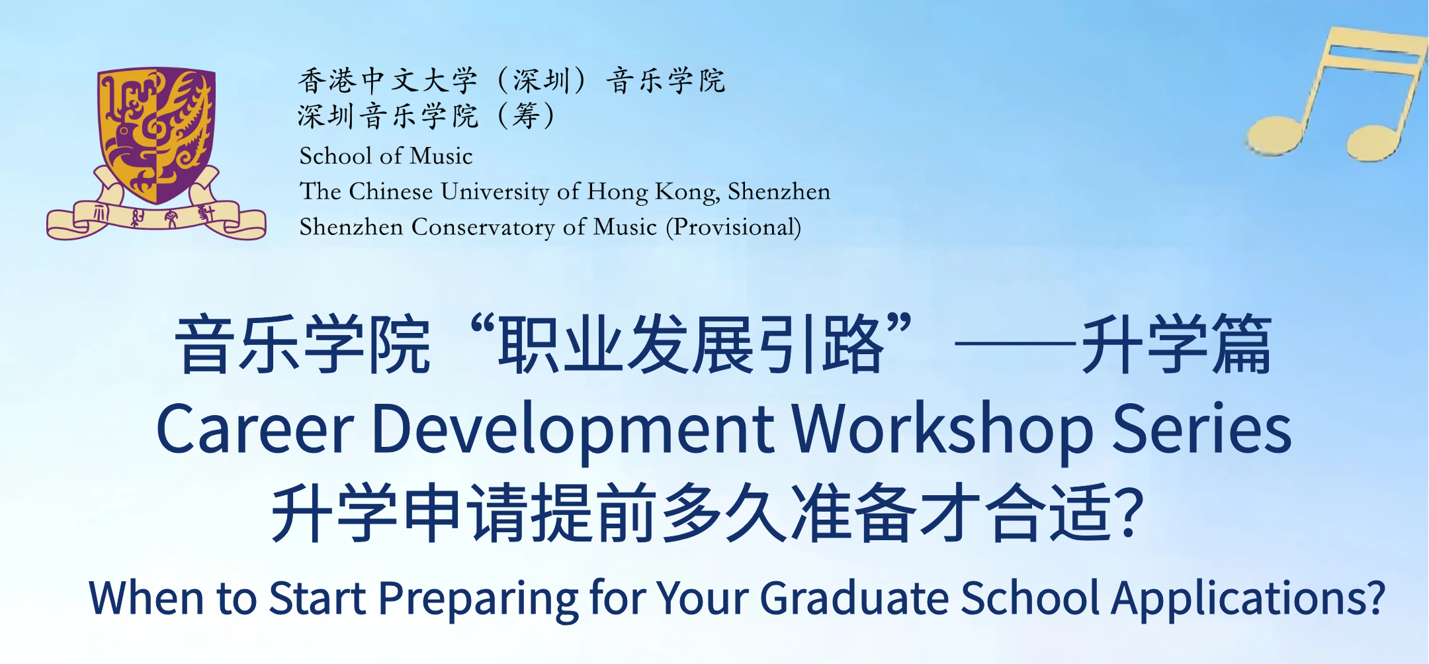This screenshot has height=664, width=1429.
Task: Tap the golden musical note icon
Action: click(1336, 93)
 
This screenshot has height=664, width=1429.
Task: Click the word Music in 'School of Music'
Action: click(441, 156)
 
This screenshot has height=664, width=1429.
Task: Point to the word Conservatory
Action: click(483, 227)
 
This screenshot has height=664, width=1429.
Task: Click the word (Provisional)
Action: click(734, 227)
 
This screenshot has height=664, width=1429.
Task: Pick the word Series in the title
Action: click(1202, 429)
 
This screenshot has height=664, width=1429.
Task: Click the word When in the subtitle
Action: click(146, 598)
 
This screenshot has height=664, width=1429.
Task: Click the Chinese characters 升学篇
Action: click(1177, 345)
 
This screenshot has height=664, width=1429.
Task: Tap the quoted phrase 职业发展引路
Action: click(691, 345)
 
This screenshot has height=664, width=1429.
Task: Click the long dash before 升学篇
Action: click(1018, 344)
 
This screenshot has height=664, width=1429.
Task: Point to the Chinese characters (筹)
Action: click(527, 116)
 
